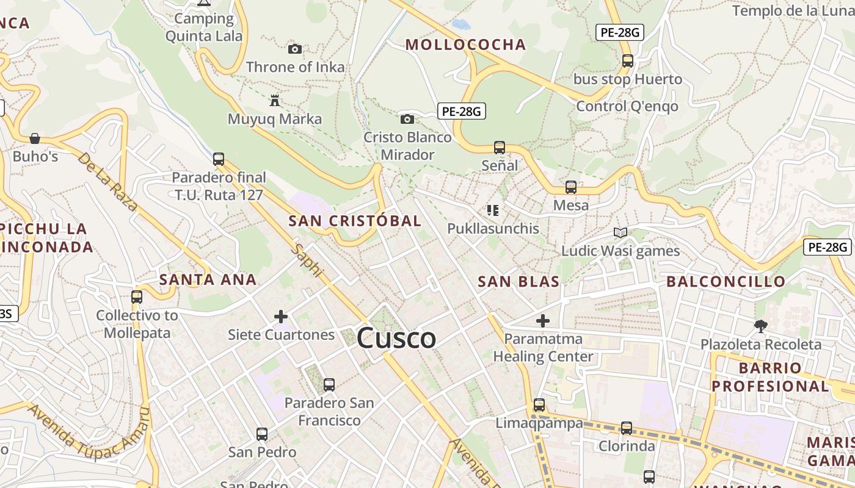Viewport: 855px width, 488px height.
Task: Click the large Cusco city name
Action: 396,338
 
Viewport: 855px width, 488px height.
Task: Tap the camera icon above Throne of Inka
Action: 295,49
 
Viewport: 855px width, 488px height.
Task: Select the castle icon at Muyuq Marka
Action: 275,100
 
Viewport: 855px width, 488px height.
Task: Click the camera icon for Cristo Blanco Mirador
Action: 407,119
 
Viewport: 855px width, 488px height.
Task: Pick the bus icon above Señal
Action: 500,147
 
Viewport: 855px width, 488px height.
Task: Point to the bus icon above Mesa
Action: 571,187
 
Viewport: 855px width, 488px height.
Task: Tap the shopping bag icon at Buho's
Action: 35,138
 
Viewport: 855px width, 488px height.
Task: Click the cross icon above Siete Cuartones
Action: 281,317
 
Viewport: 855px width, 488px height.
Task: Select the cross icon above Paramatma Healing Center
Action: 543,320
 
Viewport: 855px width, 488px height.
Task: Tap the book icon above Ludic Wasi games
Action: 620,232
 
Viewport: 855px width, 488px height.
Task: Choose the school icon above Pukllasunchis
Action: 493,210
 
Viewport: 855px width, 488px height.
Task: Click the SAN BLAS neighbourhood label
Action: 518,281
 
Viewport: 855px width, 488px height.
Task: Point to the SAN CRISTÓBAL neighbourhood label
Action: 355,221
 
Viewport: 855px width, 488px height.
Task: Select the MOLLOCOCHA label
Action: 465,45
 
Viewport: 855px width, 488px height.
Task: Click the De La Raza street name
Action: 107,181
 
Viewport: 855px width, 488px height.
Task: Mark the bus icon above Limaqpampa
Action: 539,405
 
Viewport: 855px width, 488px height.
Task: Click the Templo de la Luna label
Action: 793,11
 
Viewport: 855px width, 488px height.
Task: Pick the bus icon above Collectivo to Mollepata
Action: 137,297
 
